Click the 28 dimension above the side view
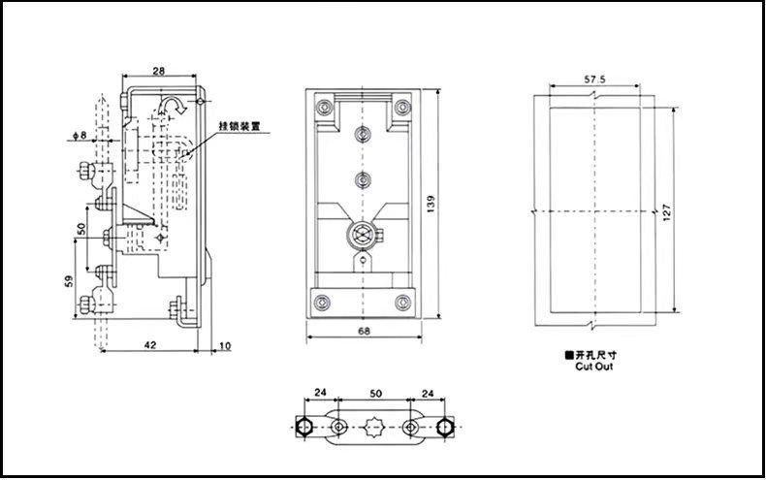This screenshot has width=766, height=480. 159,71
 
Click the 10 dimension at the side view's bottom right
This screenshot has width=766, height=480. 225,344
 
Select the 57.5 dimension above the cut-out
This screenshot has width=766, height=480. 596,77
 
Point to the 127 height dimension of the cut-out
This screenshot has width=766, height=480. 666,211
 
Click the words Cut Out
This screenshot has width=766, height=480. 594,367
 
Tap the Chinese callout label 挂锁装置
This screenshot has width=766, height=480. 239,126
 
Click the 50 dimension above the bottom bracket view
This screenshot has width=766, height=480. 373,396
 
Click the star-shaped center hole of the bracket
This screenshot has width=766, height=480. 373,427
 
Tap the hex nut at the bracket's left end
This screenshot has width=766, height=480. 302,427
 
